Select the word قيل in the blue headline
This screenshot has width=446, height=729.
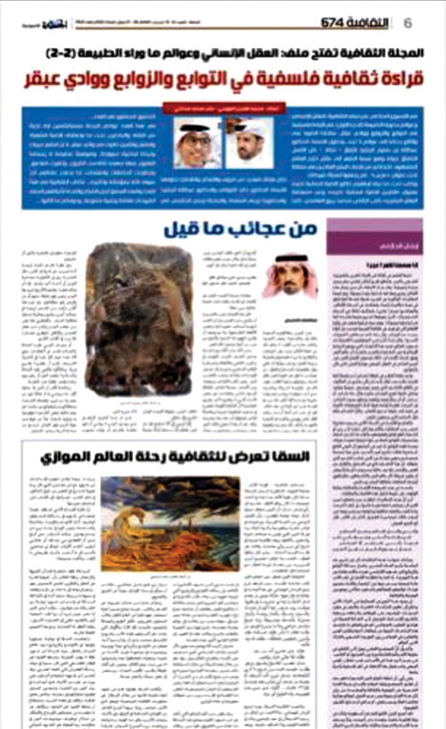click(x=174, y=229)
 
